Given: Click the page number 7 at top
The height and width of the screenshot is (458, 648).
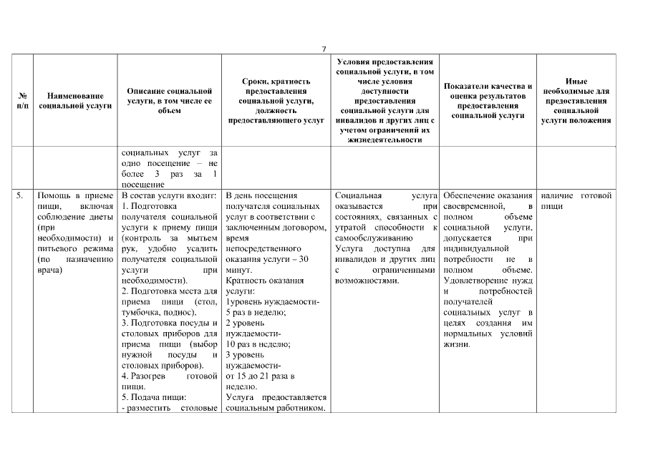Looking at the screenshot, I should (x=324, y=49).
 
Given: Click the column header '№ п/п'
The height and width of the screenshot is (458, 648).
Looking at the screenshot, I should (x=23, y=100).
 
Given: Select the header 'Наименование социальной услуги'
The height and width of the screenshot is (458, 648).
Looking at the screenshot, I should (x=75, y=100).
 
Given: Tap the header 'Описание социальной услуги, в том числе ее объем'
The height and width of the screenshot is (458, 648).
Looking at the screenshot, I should (x=170, y=101).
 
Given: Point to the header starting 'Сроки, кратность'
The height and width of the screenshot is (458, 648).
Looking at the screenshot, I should (x=276, y=101).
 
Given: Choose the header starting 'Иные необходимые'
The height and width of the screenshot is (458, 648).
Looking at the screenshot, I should (x=576, y=101).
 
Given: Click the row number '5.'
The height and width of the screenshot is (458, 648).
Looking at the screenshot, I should (x=21, y=195).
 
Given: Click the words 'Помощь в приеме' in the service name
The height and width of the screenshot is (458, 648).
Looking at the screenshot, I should (x=74, y=195).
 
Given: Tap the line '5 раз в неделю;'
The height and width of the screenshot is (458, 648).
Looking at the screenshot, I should (x=256, y=313).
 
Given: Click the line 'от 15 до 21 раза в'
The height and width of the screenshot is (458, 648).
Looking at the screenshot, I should (x=260, y=376).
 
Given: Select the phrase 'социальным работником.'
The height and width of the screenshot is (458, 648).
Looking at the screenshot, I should (x=276, y=408).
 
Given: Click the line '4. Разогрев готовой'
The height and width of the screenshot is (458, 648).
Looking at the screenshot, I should (x=170, y=376).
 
